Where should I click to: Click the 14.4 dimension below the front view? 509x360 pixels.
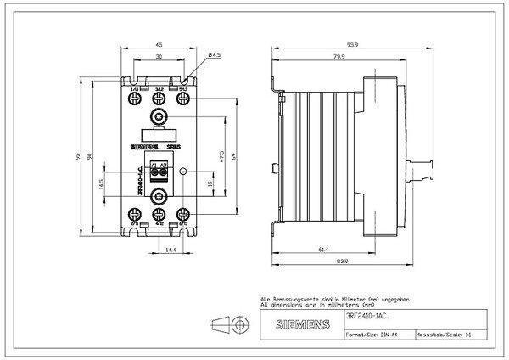pos(171,250)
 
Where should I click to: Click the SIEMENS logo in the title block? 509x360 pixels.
pos(289,326)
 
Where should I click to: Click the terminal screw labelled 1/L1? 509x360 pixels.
pos(136,100)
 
